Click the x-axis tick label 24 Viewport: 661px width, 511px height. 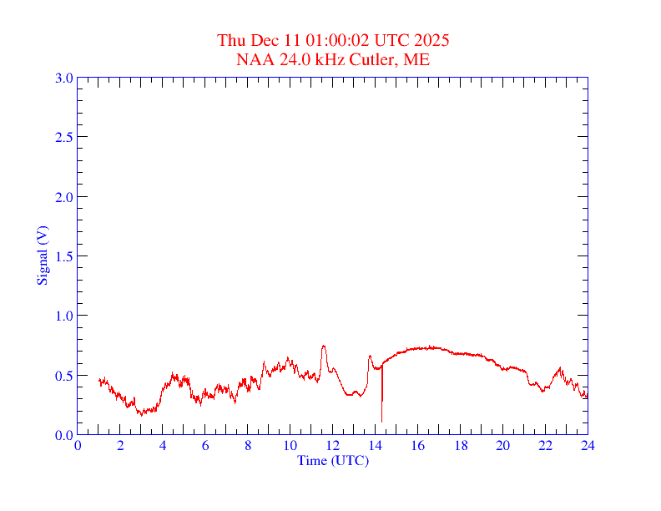click(x=588, y=445)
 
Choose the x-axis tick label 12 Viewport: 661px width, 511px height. click(x=332, y=445)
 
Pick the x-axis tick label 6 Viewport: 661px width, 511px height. click(x=205, y=445)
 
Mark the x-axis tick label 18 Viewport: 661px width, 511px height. click(x=460, y=445)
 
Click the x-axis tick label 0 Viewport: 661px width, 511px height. click(x=78, y=445)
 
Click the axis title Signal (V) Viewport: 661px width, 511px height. click(x=42, y=255)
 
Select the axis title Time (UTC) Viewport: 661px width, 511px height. click(x=332, y=460)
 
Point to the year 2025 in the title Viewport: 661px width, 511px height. click(x=432, y=40)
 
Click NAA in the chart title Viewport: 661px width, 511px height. click(x=253, y=59)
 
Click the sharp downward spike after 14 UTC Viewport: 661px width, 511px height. click(x=381, y=420)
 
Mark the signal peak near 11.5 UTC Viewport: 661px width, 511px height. click(x=323, y=346)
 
